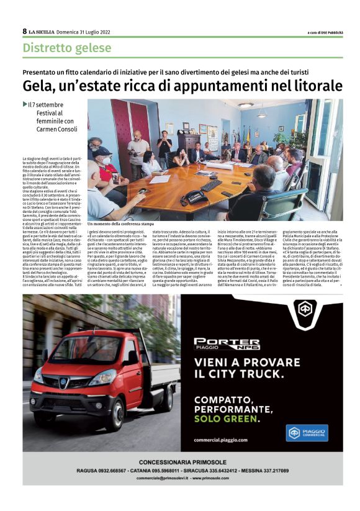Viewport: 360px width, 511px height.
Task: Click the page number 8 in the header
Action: pyautogui.click(x=25, y=32)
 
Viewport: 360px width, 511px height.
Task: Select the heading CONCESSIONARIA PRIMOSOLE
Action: pyautogui.click(x=180, y=463)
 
